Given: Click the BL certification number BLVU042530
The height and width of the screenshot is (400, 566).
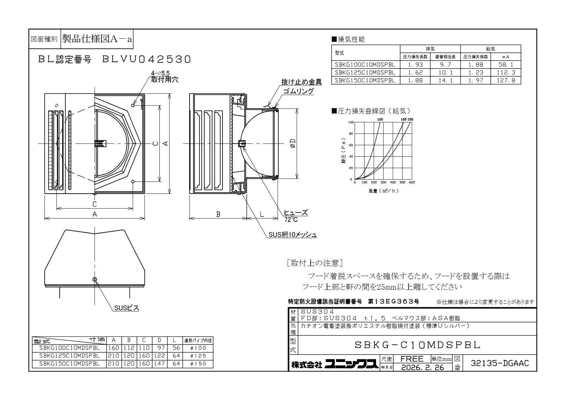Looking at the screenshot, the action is (147, 59).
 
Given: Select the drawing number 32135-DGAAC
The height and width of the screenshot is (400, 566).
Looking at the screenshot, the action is (500, 363).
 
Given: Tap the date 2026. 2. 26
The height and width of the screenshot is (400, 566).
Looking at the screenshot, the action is (422, 368).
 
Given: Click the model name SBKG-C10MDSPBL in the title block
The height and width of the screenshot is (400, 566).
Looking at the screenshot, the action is (417, 345).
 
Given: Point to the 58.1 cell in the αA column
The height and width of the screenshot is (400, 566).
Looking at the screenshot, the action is (506, 65).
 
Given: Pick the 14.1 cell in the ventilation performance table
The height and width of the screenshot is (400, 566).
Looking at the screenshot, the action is (445, 80).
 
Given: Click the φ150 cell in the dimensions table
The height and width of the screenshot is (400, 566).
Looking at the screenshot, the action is (198, 364).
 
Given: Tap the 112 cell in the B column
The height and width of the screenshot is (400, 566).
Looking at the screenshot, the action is (129, 348).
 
